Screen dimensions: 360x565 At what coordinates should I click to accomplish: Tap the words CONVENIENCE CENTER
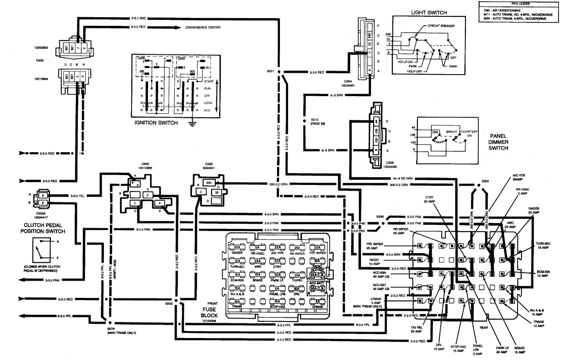click(x=203, y=27)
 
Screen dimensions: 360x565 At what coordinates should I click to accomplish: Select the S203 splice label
click(x=485, y=181)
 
